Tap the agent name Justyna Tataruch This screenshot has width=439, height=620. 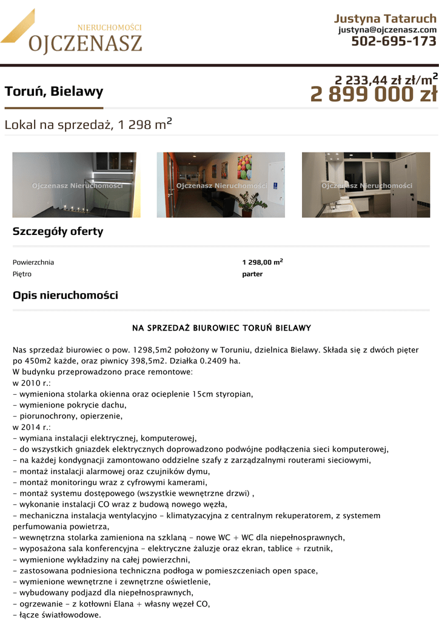click(385, 18)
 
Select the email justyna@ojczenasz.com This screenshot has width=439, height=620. click(387, 30)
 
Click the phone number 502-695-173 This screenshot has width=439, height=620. click(394, 41)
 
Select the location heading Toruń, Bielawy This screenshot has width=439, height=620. click(54, 92)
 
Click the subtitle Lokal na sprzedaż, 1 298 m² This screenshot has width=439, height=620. click(88, 125)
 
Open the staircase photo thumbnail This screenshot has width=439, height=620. click(74, 185)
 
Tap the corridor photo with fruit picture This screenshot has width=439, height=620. click(221, 185)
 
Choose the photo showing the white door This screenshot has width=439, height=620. click(366, 185)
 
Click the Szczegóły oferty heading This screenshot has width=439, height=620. click(58, 231)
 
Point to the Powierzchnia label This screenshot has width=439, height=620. click(33, 262)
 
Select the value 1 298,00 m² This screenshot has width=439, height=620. click(263, 262)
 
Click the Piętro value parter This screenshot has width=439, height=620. click(252, 274)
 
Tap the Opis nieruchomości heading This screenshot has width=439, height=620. click(65, 295)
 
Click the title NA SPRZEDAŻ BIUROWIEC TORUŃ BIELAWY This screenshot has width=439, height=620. click(221, 328)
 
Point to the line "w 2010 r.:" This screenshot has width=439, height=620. click(32, 383)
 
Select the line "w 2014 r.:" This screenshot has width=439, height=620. click(32, 427)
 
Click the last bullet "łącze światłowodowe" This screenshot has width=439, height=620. click(57, 615)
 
